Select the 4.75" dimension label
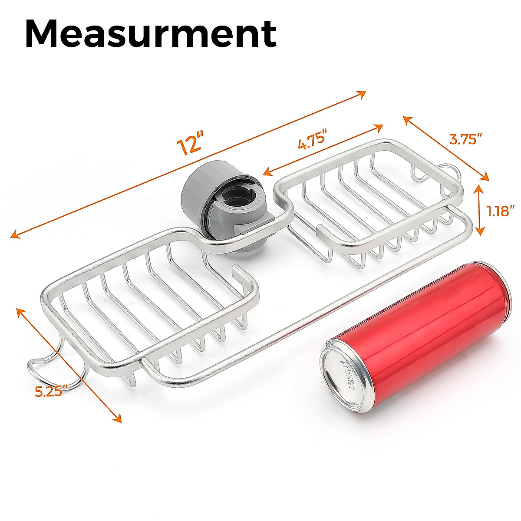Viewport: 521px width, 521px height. [x=312, y=142]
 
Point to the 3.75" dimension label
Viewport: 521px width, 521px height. [x=465, y=139]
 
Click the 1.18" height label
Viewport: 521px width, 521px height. [x=501, y=211]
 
